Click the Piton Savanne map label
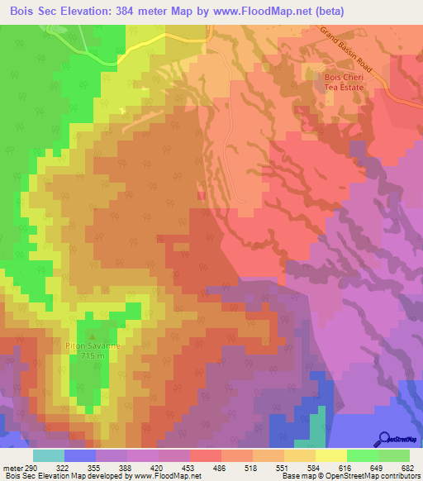pyautogui.click(x=93, y=345)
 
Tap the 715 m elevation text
pyautogui.click(x=93, y=355)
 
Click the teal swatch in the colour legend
pyautogui.click(x=49, y=455)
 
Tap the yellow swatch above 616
pyautogui.click(x=330, y=455)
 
